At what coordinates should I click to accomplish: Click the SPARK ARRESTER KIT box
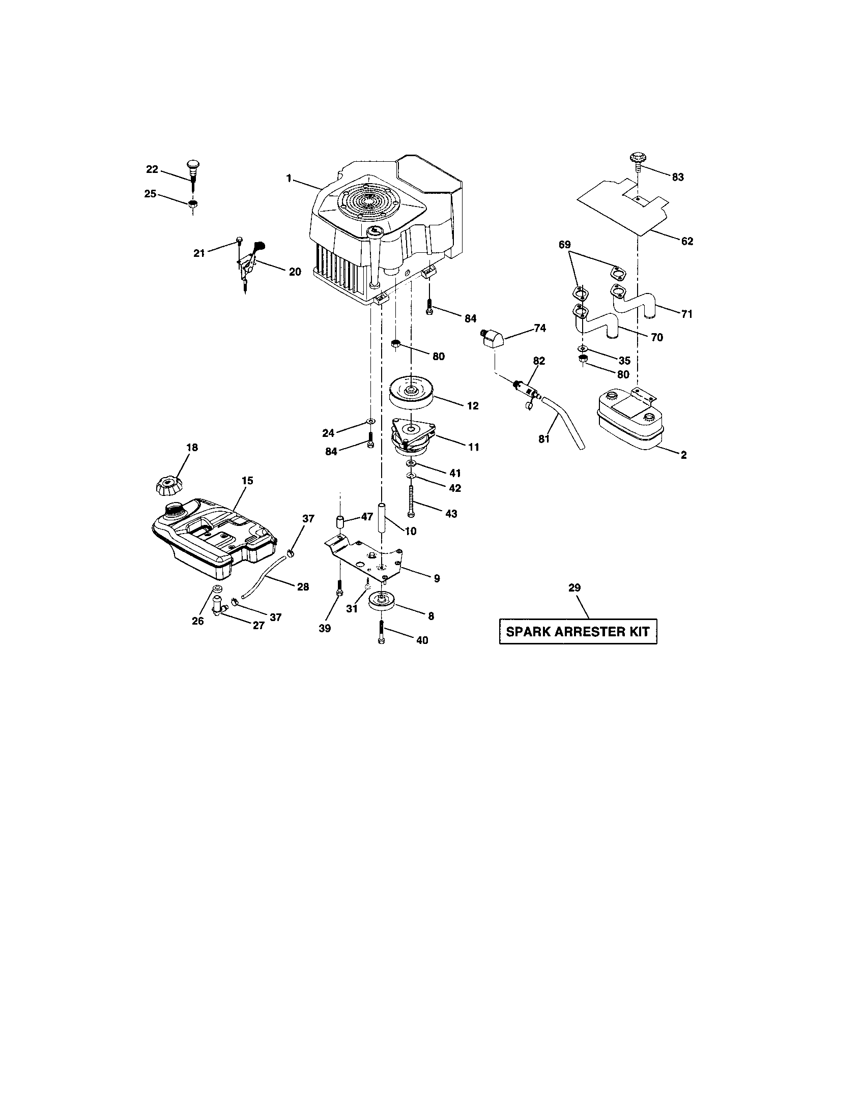(x=578, y=632)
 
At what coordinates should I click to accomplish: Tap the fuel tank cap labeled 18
(x=168, y=484)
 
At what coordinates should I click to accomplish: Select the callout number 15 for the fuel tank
(x=247, y=481)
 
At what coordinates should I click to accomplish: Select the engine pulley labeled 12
(x=411, y=394)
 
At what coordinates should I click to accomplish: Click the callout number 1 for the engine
(x=289, y=178)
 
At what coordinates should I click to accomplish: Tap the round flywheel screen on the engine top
(x=366, y=200)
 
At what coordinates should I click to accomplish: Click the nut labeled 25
(x=193, y=204)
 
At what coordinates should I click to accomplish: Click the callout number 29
(x=574, y=587)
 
